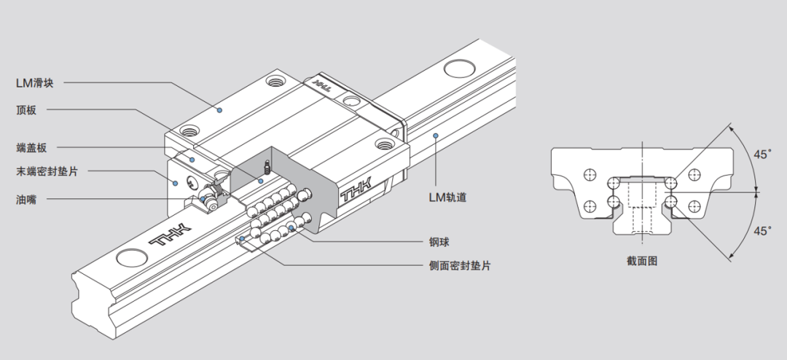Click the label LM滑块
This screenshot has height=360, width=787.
[x=39, y=82]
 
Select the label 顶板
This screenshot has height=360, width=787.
[x=26, y=111]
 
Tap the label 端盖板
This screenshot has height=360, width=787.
[x=31, y=148]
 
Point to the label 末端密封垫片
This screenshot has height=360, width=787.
[x=47, y=173]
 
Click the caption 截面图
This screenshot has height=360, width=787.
[x=641, y=260]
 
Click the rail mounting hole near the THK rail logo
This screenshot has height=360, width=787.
[x=132, y=257]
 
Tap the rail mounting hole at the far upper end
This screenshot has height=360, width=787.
[x=461, y=70]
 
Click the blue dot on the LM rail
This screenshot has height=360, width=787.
[x=435, y=135]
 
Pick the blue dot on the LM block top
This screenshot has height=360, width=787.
[x=219, y=110]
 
